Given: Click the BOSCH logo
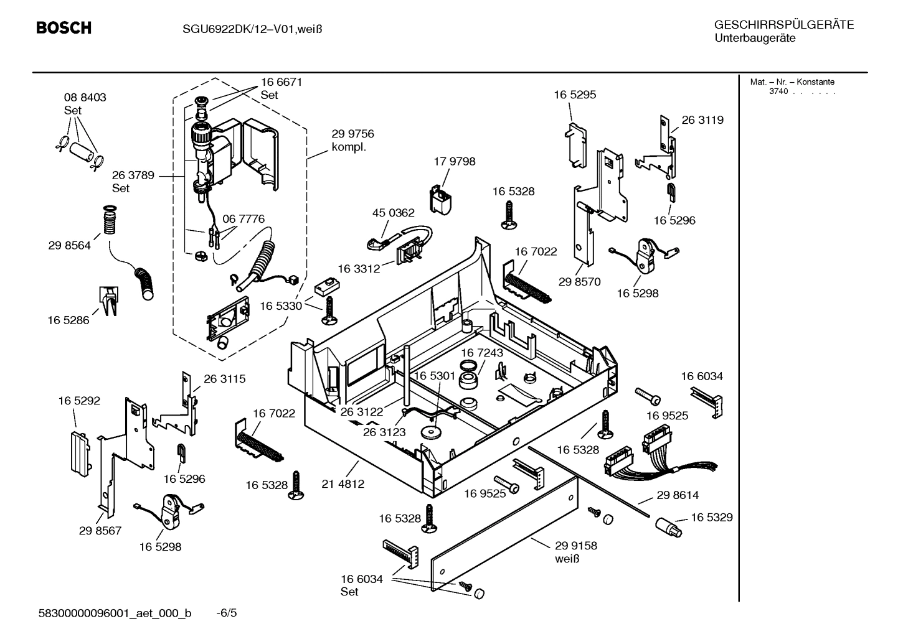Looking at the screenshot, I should tap(64, 28).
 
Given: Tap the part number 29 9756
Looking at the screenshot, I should tap(352, 134).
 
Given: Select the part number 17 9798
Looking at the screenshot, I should tap(454, 161).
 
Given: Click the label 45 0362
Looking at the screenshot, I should tap(393, 213).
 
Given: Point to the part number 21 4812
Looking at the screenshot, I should tap(343, 483).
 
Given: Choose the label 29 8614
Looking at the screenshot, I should tap(678, 495).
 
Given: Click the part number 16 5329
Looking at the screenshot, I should tap(711, 517).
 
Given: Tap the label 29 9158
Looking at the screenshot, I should tap(576, 546).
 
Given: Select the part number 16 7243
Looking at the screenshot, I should tap(482, 353).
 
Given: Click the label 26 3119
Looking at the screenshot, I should tap(702, 120).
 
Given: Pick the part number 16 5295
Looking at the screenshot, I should tap(575, 95).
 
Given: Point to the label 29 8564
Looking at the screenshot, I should tap(69, 245).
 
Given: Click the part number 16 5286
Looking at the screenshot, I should tap(69, 320).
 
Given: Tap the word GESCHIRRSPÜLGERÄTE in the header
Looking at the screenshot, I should tap(783, 25).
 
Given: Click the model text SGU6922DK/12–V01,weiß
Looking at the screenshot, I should tap(252, 29).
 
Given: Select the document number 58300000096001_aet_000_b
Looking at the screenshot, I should tap(115, 613).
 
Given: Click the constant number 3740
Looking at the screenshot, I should tap(778, 91).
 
